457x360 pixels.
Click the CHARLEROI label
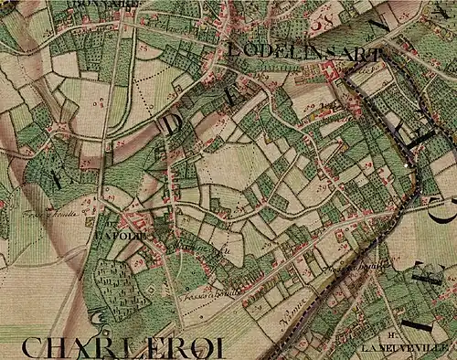122,348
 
